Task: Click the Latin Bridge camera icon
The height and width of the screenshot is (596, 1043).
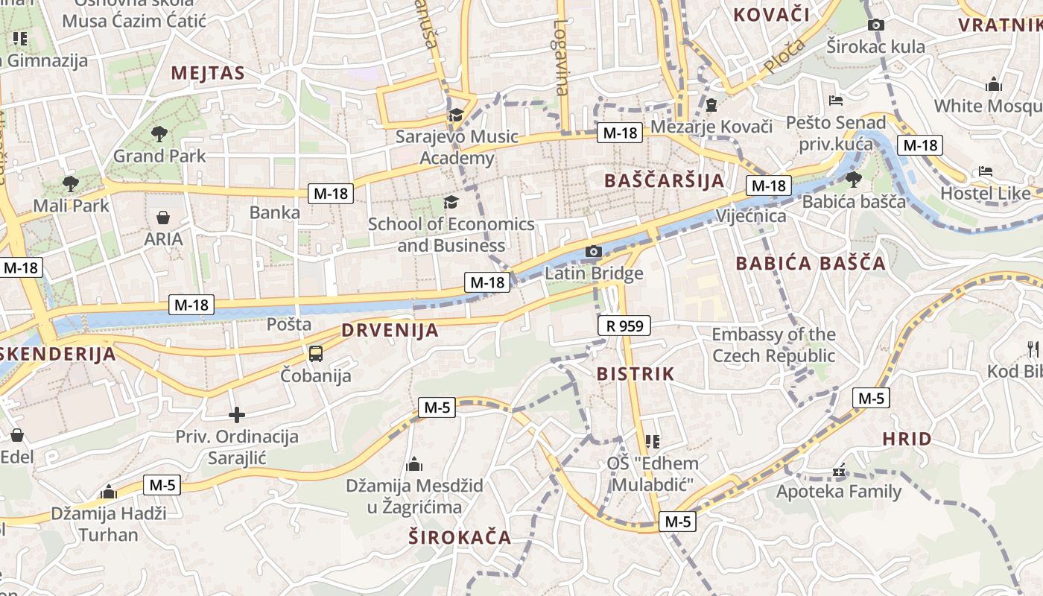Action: click(x=593, y=252)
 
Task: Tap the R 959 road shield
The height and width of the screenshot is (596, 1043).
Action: click(x=624, y=326)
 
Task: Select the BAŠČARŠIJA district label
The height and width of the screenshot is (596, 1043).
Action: click(x=664, y=180)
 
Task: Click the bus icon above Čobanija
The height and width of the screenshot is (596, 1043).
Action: click(x=316, y=353)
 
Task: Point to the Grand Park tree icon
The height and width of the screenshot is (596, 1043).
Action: click(x=159, y=134)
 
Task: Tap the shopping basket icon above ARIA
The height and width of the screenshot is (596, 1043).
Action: click(x=163, y=218)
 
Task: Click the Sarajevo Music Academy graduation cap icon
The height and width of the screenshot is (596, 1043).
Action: click(x=455, y=115)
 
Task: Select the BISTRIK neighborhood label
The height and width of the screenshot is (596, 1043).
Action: click(x=635, y=374)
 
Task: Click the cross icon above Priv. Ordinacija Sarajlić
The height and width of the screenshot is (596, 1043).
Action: click(x=237, y=415)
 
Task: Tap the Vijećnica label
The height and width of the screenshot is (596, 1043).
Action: click(x=750, y=216)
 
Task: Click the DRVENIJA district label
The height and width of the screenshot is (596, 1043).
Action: click(x=390, y=330)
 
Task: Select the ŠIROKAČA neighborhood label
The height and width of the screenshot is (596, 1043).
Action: click(x=460, y=537)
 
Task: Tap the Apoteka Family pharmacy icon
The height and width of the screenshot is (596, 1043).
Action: click(x=839, y=471)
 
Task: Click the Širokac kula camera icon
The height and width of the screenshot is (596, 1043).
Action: click(x=876, y=25)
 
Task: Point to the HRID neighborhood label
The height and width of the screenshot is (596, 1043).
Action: click(x=907, y=439)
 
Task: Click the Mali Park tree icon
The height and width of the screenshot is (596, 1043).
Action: click(x=71, y=183)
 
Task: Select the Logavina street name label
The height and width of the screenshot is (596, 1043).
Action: click(x=560, y=57)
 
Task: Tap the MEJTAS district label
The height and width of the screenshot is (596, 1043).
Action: click(x=208, y=73)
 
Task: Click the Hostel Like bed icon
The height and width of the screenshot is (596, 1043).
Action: click(x=986, y=171)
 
